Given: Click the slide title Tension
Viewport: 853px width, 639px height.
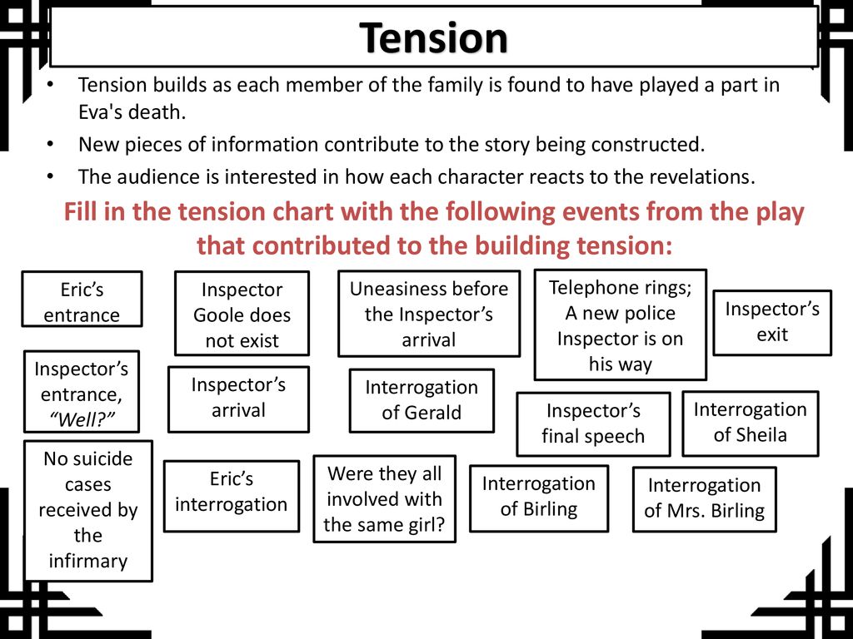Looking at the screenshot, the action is pos(433,37).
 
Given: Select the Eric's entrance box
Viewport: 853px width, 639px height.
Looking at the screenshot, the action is pos(82,299).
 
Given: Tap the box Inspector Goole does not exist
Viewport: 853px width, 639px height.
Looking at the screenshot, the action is pos(242,314).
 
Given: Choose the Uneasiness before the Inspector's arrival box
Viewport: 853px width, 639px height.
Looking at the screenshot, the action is pos(429,314).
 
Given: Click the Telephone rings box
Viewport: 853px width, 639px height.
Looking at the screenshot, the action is pos(620,324).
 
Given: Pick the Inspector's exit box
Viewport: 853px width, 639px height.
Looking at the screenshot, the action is pos(772,322).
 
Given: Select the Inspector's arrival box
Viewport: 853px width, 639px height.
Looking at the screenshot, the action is pos(238,399).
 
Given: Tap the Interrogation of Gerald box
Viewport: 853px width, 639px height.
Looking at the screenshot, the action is pos(422,400).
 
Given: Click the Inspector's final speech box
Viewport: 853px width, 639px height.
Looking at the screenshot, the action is pos(593,424).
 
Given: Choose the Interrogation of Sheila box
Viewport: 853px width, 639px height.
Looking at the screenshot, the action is pos(751,423).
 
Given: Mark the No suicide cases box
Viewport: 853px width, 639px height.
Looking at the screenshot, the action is pos(88,511).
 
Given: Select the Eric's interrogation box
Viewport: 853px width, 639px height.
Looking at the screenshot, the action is pos(232,496).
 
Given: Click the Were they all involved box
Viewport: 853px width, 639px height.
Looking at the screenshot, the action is pos(384,499).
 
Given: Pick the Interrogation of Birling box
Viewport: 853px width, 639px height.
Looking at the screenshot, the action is pos(539,498).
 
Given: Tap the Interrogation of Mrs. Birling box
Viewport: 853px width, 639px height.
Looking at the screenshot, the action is pos(704,499).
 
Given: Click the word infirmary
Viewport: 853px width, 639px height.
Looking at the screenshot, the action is pos(88,561).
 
